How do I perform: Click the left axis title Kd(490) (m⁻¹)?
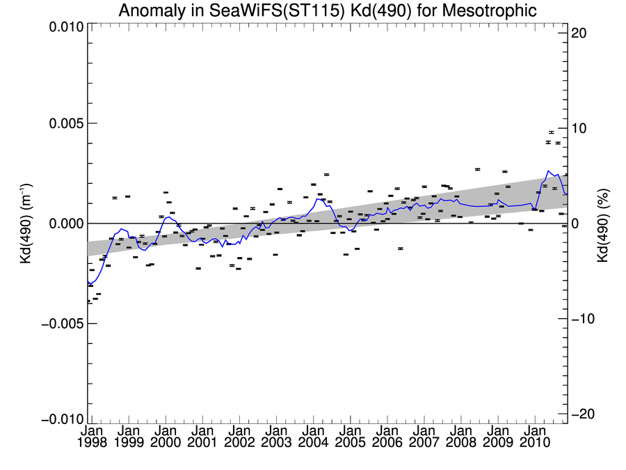click(x=25, y=223)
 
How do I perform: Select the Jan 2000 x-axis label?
click(x=166, y=437)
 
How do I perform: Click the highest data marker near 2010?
click(x=551, y=132)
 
